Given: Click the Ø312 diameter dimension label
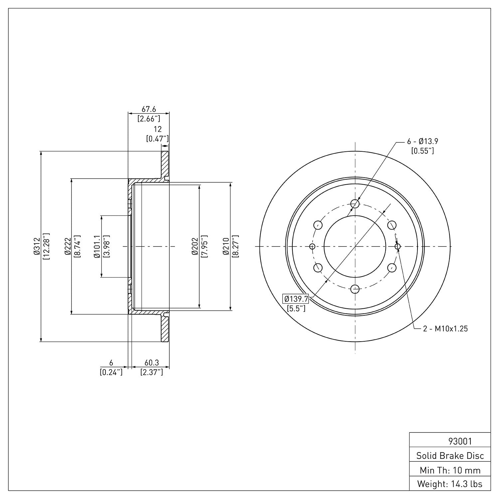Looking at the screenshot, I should [36, 247].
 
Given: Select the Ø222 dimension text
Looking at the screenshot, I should [68, 247].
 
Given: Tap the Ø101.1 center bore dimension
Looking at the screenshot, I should [97, 247].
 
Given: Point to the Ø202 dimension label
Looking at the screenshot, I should [195, 247].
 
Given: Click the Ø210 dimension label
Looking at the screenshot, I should [226, 247].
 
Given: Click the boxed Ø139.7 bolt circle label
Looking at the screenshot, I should [296, 299].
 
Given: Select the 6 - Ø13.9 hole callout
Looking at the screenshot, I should [422, 141].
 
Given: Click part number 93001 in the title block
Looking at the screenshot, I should [460, 441].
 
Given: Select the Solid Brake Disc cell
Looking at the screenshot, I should [450, 456].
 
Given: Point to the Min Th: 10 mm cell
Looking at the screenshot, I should [450, 470].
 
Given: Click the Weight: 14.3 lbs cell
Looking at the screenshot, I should [450, 484].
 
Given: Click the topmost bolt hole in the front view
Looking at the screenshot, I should [355, 204].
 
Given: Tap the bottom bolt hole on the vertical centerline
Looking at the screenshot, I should [355, 289].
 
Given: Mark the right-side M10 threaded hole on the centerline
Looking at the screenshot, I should [398, 246].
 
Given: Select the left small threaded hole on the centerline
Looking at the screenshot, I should [312, 246].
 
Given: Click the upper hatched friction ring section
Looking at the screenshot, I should [165, 165].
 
